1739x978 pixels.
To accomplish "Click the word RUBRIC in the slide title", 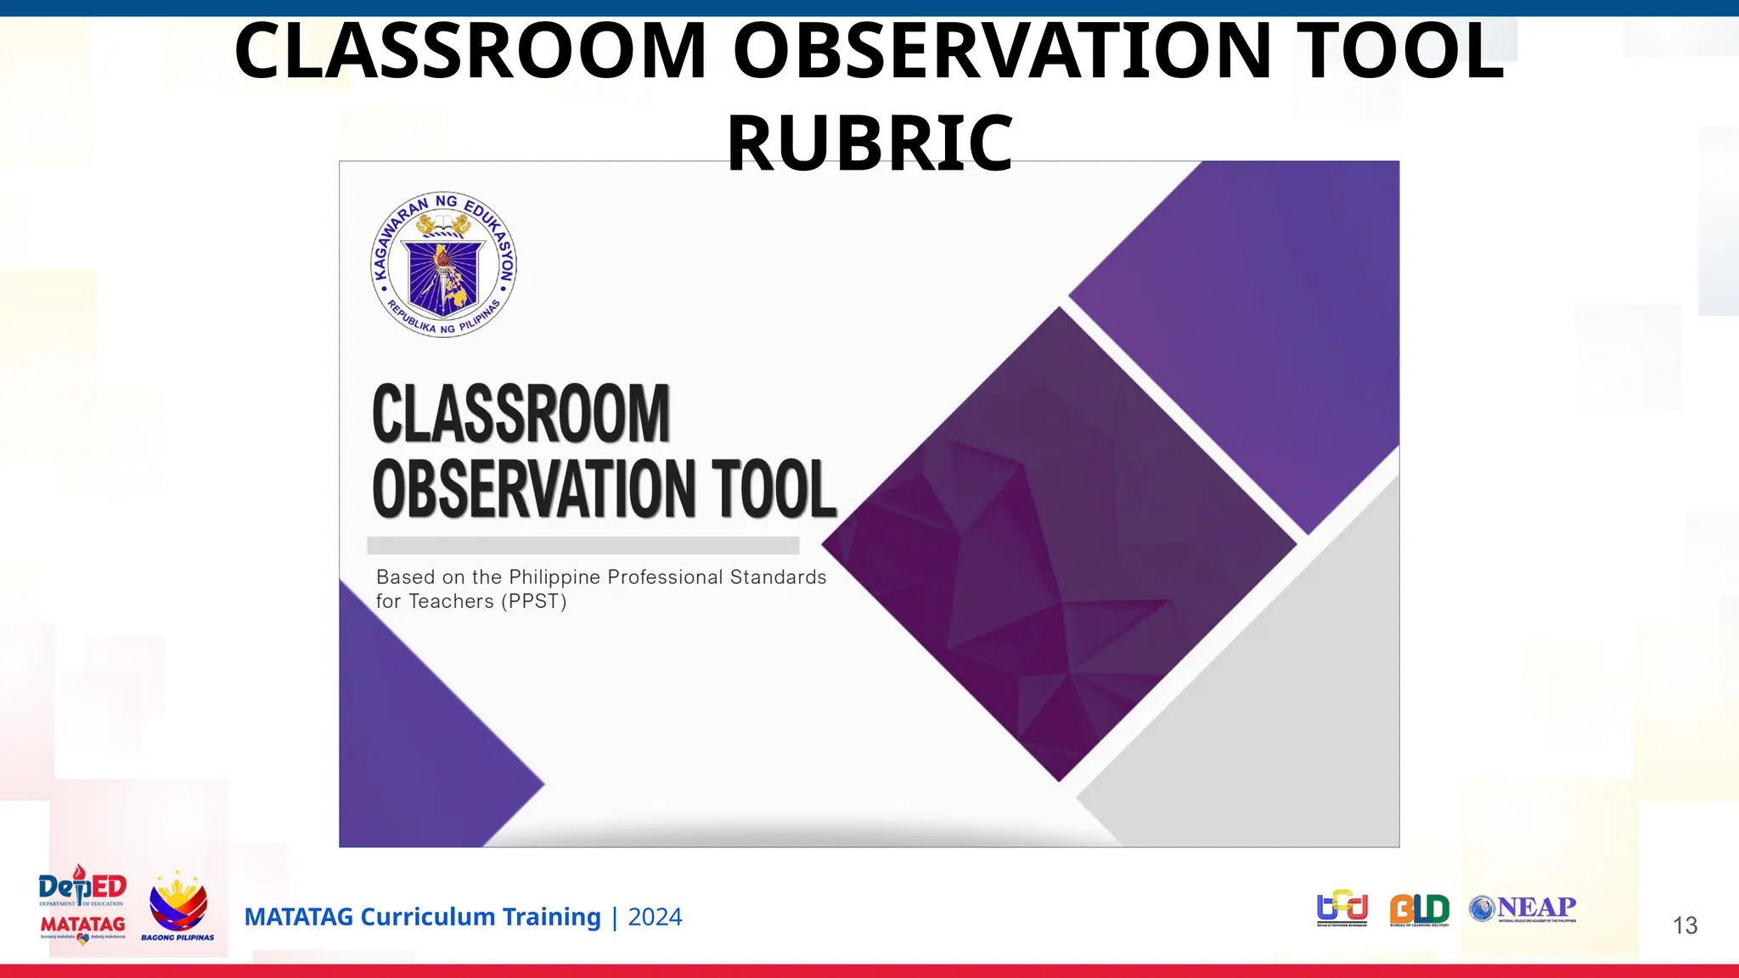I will click(x=869, y=143).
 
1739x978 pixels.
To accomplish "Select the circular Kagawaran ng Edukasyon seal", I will click(x=444, y=265).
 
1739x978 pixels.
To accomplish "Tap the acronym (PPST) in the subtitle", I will click(x=533, y=601).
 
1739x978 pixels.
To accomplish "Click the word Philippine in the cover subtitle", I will click(x=554, y=577).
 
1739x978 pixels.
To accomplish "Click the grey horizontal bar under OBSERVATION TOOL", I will click(x=582, y=545).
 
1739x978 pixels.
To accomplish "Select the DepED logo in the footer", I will click(x=82, y=888).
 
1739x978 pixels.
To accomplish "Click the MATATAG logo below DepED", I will click(x=82, y=926).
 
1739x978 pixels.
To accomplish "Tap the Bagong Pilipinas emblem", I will click(x=177, y=907).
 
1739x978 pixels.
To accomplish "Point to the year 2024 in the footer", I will click(x=655, y=917).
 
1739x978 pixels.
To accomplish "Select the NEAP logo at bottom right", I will click(x=1522, y=908).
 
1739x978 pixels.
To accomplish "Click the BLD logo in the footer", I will click(x=1419, y=909).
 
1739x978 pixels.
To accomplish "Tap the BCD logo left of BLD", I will click(x=1342, y=908).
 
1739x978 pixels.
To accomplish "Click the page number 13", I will click(x=1685, y=925).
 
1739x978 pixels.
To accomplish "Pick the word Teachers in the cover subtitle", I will click(x=451, y=601).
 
